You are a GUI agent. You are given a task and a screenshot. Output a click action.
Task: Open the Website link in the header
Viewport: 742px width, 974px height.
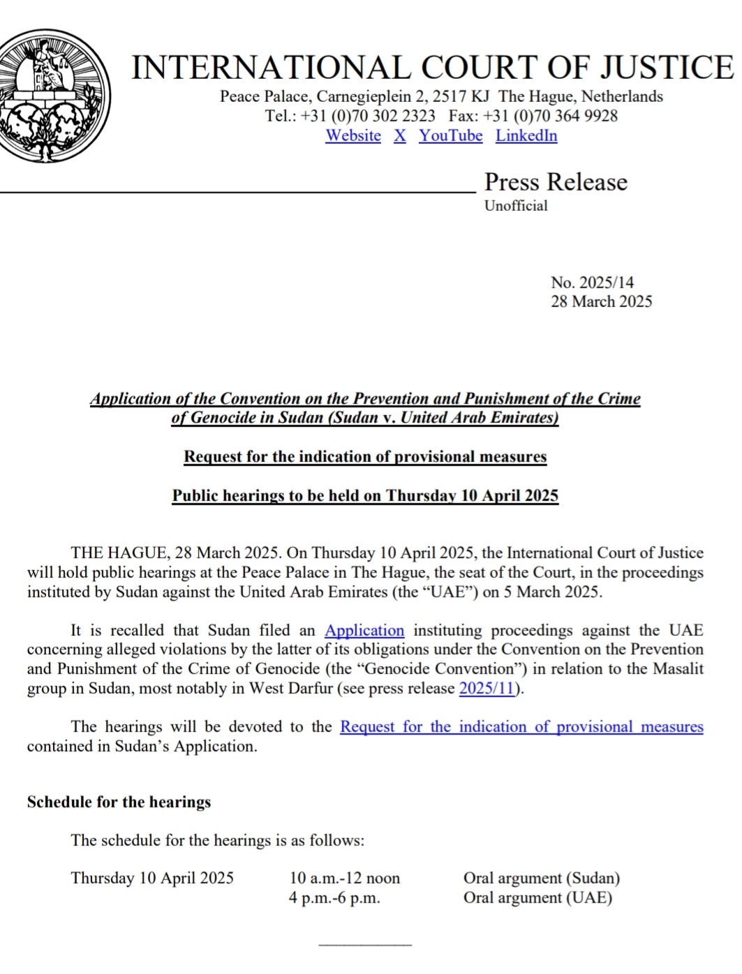[x=353, y=136]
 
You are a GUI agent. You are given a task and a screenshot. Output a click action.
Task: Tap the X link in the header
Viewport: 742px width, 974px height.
[x=399, y=136]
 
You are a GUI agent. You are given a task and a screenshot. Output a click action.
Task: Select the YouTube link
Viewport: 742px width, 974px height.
[x=450, y=136]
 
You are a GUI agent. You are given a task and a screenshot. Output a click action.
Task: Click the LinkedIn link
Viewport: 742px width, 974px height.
[x=526, y=136]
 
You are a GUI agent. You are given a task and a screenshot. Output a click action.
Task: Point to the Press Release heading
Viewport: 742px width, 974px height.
[x=556, y=182]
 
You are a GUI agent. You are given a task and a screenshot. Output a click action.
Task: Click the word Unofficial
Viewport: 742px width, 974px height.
[x=516, y=206]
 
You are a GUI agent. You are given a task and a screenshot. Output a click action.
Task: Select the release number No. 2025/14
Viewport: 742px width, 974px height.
[x=592, y=283]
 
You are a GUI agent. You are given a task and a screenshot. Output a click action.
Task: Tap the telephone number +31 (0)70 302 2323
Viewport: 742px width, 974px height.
[x=368, y=116]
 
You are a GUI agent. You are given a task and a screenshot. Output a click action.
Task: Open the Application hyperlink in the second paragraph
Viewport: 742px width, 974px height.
[x=364, y=631]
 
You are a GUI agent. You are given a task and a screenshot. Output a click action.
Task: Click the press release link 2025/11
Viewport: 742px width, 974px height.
[x=487, y=689]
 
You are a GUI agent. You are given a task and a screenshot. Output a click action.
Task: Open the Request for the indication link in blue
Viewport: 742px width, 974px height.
[x=521, y=727]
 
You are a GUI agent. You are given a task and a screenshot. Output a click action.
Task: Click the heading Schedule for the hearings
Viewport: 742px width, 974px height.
[x=119, y=802]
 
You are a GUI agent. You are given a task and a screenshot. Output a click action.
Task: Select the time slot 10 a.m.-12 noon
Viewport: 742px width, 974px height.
[x=345, y=878]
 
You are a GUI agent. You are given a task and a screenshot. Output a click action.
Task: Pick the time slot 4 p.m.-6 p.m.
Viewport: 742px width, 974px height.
[x=334, y=898]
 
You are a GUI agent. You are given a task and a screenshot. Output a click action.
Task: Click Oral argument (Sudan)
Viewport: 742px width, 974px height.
[x=542, y=878]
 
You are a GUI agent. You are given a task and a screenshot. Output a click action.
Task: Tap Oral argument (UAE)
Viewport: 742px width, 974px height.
[x=537, y=898]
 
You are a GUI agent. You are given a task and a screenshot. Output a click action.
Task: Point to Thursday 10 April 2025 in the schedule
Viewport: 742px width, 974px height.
[x=152, y=878]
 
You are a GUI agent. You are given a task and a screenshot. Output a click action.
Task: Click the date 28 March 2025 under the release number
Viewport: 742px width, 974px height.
[x=601, y=301]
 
